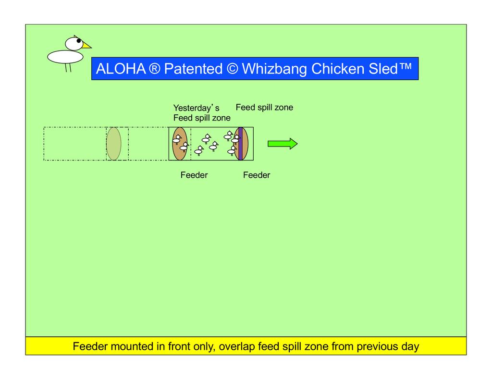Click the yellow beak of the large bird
86,46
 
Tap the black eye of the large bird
79,41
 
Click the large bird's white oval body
65,57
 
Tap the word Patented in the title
190,69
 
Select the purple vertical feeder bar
240,144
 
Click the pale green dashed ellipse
114,144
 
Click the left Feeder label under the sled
194,175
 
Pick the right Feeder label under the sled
257,175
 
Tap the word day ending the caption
409,346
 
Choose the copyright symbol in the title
232,69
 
